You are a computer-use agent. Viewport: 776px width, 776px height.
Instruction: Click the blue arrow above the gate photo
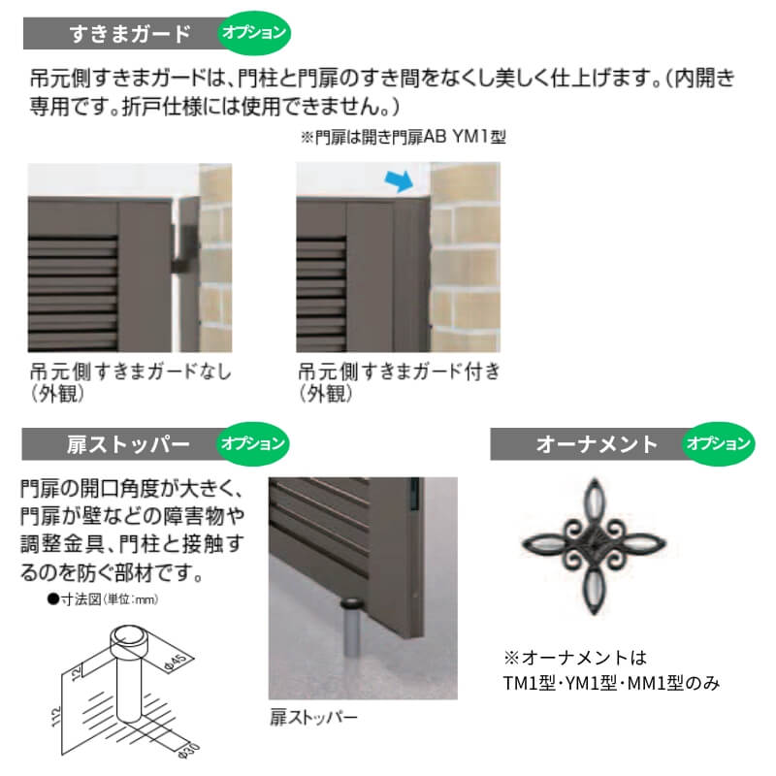399,181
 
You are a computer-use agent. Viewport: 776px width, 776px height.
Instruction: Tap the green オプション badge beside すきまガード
254,33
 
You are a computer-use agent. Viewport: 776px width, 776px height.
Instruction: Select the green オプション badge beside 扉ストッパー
253,443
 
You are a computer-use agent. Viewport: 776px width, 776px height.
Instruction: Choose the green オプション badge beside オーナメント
719,443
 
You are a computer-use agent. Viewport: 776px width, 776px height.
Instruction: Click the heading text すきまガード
130,34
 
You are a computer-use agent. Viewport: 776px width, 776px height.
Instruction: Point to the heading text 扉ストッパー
129,444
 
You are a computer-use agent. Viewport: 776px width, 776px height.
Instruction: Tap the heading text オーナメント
597,444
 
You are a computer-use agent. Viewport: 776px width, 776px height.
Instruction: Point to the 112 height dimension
56,717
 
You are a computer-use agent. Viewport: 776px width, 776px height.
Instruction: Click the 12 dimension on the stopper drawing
76,673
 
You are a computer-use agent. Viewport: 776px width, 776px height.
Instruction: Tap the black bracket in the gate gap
184,249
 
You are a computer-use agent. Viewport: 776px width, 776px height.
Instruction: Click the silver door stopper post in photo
351,627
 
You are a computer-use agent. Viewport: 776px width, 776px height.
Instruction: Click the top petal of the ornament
594,501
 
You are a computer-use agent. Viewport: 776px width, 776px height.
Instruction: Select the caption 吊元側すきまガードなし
131,372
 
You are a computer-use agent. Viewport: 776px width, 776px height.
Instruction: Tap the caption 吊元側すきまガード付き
400,372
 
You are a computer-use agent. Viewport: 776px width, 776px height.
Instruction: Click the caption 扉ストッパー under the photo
313,717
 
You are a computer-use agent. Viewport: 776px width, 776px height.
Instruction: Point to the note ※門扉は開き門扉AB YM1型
404,137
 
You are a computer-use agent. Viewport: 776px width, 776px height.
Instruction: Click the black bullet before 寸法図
53,599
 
